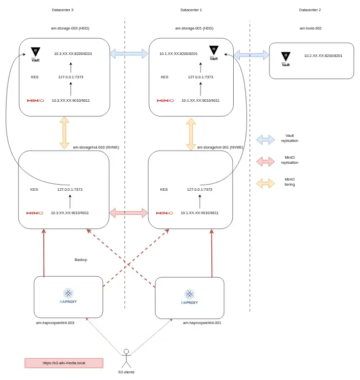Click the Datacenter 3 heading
click(x=63, y=10)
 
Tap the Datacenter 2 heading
click(x=310, y=10)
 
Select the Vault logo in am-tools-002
click(x=286, y=58)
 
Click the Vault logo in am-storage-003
click(x=35, y=53)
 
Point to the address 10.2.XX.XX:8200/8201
click(x=323, y=55)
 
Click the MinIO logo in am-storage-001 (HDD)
click(x=165, y=100)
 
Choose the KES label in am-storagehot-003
click(x=34, y=189)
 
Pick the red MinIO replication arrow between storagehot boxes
click(x=128, y=213)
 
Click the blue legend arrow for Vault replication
click(x=265, y=139)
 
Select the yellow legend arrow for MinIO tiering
click(x=265, y=183)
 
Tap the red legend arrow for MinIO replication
click(x=265, y=161)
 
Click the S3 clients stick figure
click(x=126, y=358)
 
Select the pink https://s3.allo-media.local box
click(x=64, y=363)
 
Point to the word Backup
click(x=80, y=259)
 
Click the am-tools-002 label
click(x=310, y=28)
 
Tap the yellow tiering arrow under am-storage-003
click(x=64, y=132)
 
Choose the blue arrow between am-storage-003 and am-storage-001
click(x=128, y=53)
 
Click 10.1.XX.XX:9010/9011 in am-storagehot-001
click(x=199, y=213)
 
